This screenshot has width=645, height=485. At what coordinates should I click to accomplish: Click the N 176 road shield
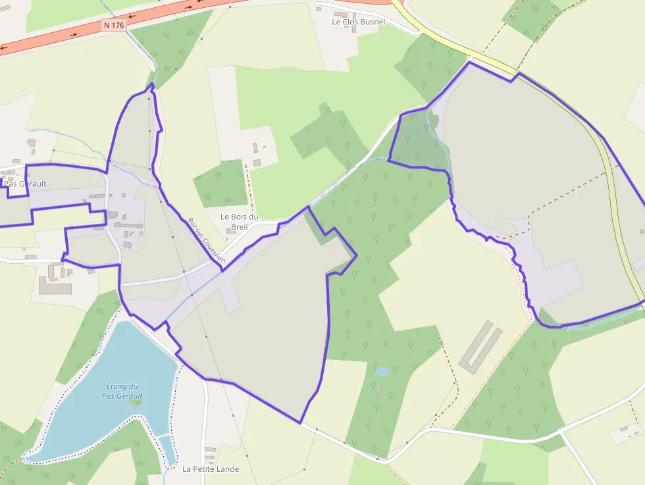coord(113,25)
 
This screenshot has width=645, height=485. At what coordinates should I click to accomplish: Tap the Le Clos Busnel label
coord(358,22)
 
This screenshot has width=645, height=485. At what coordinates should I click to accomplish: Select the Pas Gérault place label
coord(25,184)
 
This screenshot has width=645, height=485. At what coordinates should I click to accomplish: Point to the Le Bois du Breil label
coord(240,222)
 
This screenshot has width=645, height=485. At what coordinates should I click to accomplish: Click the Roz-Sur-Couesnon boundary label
coord(206,241)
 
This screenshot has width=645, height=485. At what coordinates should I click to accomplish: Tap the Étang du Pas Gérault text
coord(122,391)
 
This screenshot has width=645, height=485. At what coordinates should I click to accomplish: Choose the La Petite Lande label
coord(211,469)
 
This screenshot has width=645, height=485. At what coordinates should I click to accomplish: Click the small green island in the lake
coord(136,402)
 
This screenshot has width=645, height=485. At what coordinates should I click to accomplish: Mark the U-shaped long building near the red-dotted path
coord(480,347)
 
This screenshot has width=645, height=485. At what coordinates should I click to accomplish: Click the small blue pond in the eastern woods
coord(382,371)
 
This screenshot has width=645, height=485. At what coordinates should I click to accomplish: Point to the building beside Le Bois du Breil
coord(257,163)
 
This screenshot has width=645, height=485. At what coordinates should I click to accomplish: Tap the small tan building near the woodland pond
coord(377,389)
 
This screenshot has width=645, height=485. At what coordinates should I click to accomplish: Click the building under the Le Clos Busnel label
coord(341,14)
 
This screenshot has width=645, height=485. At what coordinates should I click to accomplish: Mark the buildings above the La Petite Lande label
coord(210,453)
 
